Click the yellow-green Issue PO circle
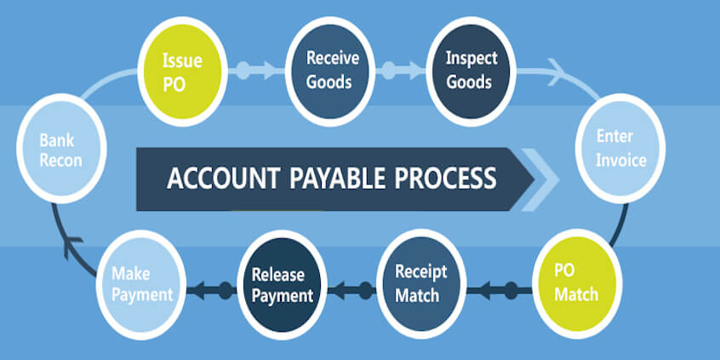[182, 71]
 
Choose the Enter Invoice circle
[620, 148]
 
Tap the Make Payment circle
[143, 285]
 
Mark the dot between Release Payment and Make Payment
[226, 290]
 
